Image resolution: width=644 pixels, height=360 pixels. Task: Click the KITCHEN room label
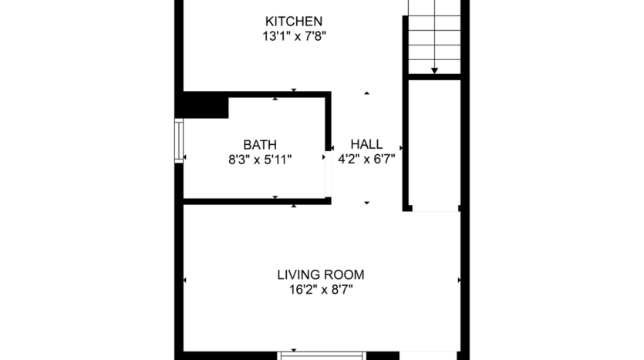coord(294,21)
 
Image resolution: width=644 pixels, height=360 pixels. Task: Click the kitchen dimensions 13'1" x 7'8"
coord(294,35)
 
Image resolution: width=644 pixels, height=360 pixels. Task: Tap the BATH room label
coord(260,144)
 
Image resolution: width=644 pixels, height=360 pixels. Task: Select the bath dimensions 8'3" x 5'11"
coord(260,159)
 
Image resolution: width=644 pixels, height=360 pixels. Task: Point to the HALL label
coord(366,144)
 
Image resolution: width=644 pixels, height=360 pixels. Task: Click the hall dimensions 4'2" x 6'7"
coord(366,159)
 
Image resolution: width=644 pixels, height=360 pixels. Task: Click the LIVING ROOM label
coord(321,274)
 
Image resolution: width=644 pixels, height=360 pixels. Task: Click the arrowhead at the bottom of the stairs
coord(434,70)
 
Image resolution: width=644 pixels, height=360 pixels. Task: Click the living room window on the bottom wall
coord(321,355)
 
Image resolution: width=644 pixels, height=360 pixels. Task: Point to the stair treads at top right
coord(434,35)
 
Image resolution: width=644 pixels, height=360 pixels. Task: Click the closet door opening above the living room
coord(435,208)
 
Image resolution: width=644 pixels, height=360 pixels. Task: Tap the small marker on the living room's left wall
coord(184,280)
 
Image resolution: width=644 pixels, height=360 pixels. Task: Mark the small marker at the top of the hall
coord(366,93)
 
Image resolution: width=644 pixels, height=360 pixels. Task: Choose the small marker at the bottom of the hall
coord(366,203)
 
